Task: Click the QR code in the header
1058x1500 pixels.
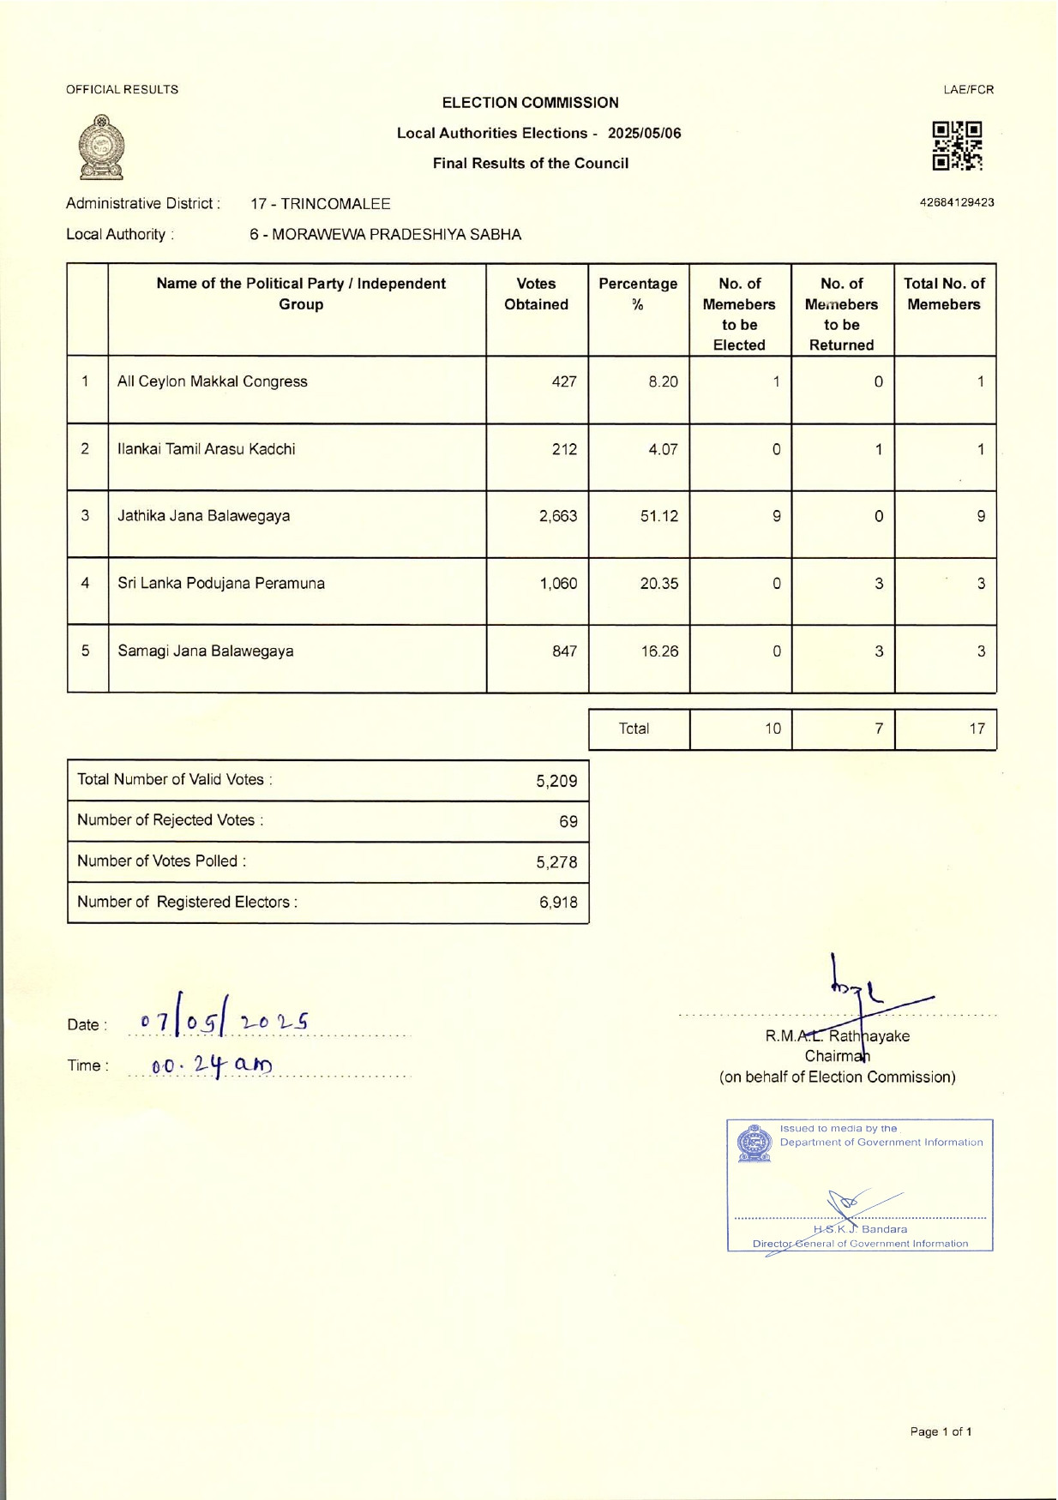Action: pyautogui.click(x=957, y=146)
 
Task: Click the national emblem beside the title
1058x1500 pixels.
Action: pyautogui.click(x=101, y=147)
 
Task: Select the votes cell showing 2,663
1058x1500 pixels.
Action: pyautogui.click(x=557, y=516)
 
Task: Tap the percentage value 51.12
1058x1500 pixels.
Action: pyautogui.click(x=658, y=516)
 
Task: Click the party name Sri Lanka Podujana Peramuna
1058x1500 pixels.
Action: pyautogui.click(x=221, y=584)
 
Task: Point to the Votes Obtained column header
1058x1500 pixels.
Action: pyautogui.click(x=536, y=294)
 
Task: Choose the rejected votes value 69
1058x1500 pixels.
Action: pyautogui.click(x=568, y=821)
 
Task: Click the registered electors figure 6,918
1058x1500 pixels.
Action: pyautogui.click(x=558, y=903)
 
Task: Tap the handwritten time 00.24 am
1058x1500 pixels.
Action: pyautogui.click(x=211, y=1065)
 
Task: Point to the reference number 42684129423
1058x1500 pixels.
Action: pyautogui.click(x=956, y=203)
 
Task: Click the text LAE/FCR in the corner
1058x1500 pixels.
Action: pyautogui.click(x=968, y=89)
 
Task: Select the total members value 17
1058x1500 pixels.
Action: pyautogui.click(x=977, y=729)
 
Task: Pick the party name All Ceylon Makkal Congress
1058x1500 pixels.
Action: pyautogui.click(x=212, y=381)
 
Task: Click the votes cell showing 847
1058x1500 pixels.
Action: pyautogui.click(x=564, y=651)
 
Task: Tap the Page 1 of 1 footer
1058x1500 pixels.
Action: pyautogui.click(x=941, y=1431)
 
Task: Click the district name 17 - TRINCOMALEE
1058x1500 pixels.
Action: pyautogui.click(x=320, y=204)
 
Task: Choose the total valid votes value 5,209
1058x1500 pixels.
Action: pyautogui.click(x=556, y=781)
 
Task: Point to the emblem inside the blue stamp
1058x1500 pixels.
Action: pyautogui.click(x=754, y=1143)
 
